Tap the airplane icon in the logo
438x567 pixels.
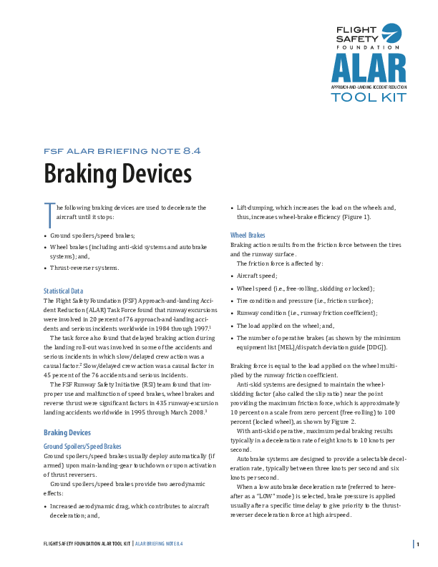coord(392,34)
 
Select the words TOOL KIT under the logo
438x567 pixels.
coord(369,97)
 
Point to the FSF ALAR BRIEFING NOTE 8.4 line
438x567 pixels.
coord(122,150)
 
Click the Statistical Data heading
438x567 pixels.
coord(64,291)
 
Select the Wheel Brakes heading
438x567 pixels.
coord(248,235)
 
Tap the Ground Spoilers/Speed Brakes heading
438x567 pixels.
coord(82,446)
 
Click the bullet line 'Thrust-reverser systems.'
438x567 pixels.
coord(85,268)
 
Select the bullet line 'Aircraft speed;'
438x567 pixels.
coord(257,275)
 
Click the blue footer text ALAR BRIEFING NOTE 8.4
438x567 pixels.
coord(160,544)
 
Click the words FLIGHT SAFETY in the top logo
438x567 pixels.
coord(356,34)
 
